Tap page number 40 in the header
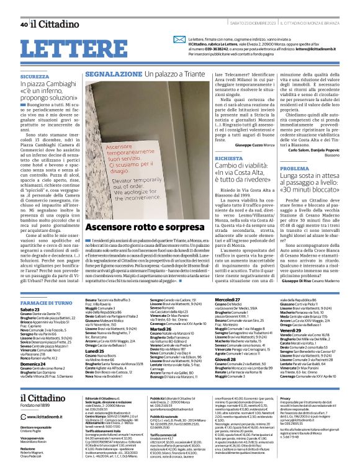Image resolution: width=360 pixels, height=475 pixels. [x=23, y=24]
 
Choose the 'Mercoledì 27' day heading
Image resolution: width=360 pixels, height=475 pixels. [x=228, y=299]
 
